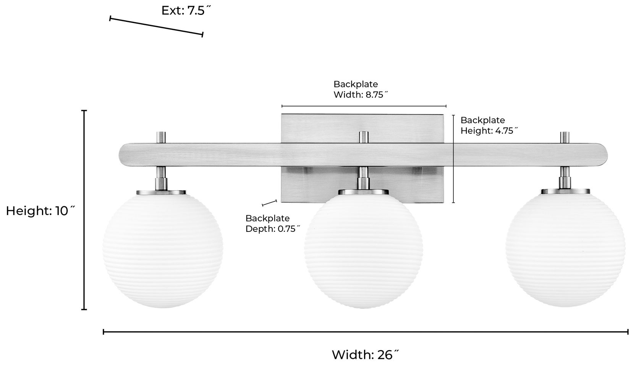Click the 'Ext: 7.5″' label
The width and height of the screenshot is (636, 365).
(x=186, y=10)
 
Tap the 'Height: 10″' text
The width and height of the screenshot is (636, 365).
(x=40, y=210)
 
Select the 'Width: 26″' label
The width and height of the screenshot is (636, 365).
(x=365, y=355)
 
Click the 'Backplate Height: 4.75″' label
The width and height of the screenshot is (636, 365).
(x=489, y=125)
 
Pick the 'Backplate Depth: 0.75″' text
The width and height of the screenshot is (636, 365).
(x=272, y=223)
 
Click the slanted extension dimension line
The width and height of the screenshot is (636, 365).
(x=156, y=26)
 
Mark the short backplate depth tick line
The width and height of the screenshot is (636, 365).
(x=269, y=202)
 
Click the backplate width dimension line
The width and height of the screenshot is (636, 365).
(x=364, y=106)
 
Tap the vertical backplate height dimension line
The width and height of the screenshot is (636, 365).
(x=453, y=159)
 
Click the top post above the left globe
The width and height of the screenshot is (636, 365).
(x=162, y=137)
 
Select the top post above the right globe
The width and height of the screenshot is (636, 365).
(x=565, y=137)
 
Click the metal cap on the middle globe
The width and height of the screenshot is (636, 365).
(x=363, y=192)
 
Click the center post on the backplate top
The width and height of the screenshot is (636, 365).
(x=363, y=137)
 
